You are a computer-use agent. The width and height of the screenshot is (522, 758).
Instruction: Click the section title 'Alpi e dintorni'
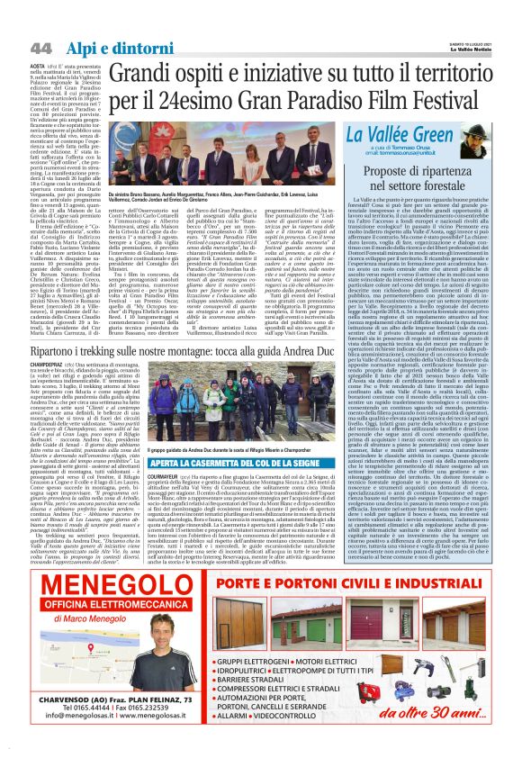(x=100, y=47)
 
